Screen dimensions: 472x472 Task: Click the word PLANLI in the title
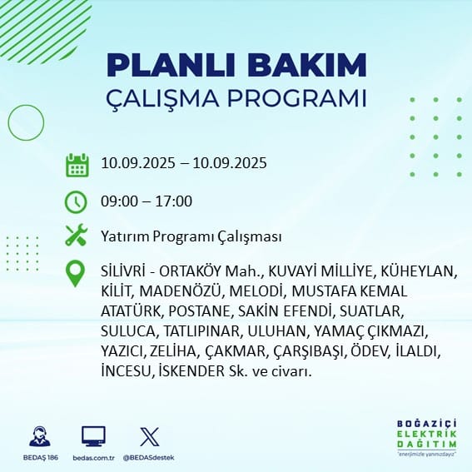click(171, 65)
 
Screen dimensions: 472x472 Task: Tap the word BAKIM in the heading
click(306, 65)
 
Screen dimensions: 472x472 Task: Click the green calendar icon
click(77, 165)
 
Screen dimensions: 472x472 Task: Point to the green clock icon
click(76, 202)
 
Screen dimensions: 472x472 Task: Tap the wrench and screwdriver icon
click(76, 235)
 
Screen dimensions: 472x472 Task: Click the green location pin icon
click(75, 273)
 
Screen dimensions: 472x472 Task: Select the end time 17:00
click(174, 201)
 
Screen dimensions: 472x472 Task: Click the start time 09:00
click(119, 201)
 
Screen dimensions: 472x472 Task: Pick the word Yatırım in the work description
click(125, 236)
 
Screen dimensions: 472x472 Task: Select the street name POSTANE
click(199, 311)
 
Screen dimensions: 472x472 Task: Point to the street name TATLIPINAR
click(201, 331)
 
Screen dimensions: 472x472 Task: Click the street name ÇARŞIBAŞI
click(308, 352)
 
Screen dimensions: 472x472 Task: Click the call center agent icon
click(40, 436)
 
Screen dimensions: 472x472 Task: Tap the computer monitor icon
click(93, 436)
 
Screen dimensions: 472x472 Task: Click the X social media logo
click(150, 437)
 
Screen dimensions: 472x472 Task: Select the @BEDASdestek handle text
click(148, 458)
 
